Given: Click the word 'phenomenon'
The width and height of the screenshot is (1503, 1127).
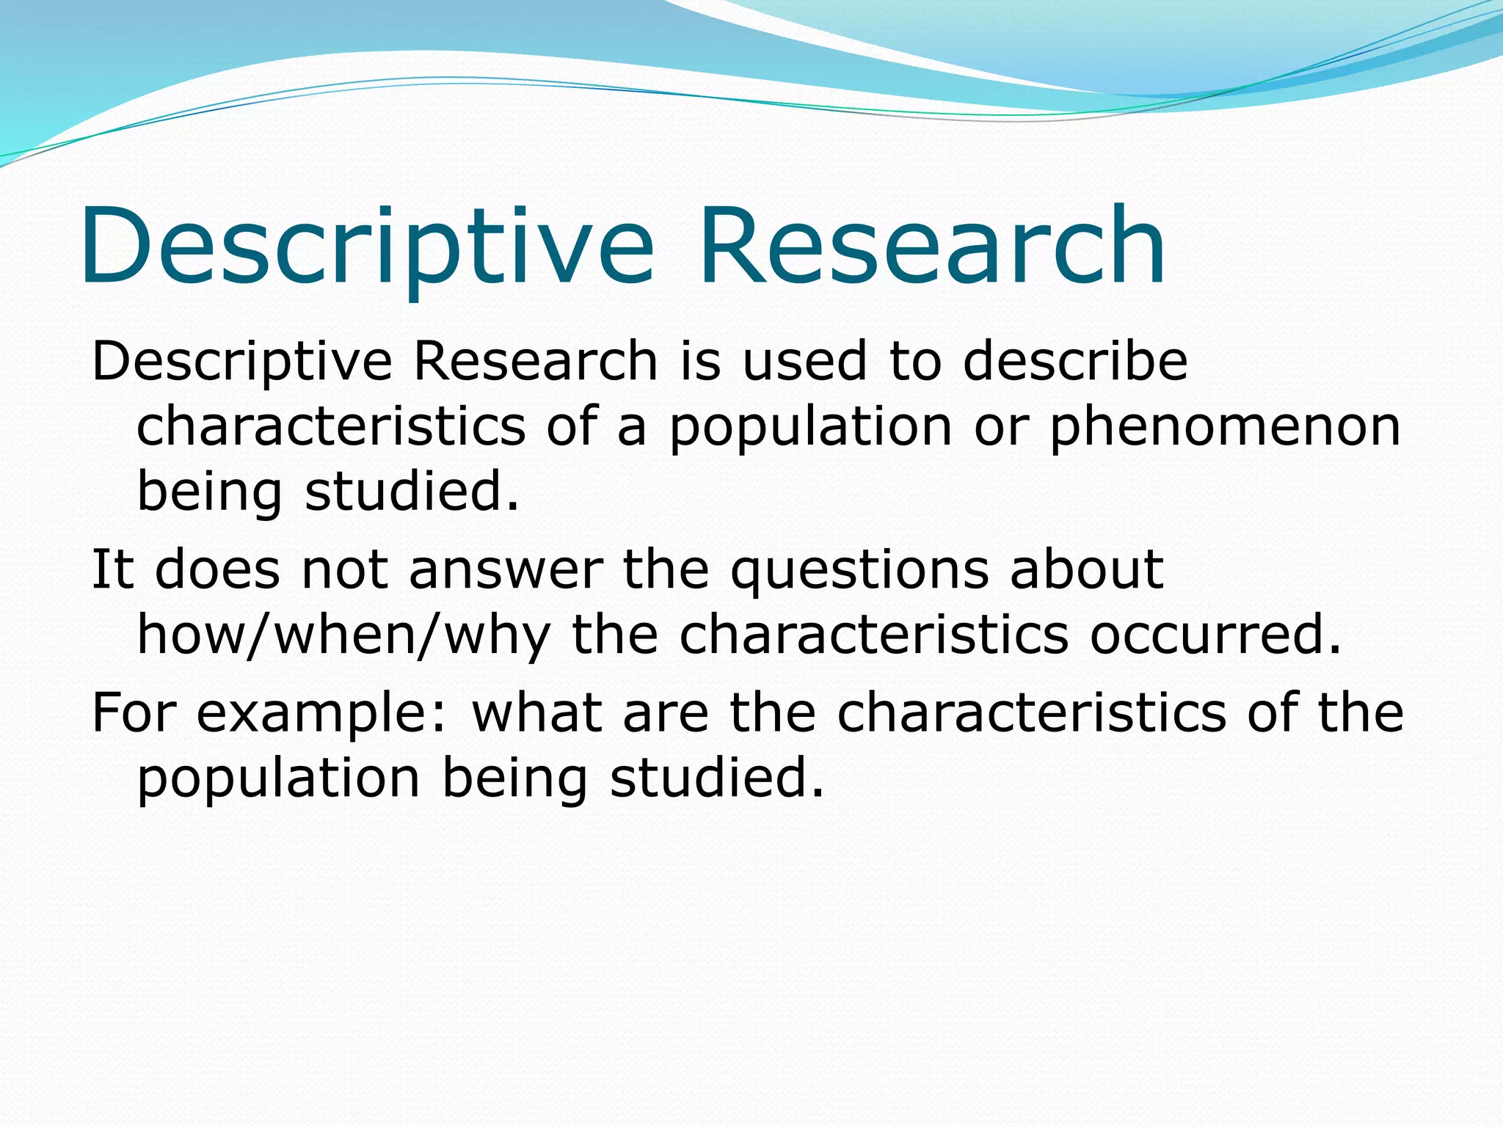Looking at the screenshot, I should coord(1225,427).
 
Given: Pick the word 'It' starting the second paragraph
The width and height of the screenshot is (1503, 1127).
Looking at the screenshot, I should coord(112,569).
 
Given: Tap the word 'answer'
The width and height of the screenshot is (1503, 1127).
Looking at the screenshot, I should coord(506,569).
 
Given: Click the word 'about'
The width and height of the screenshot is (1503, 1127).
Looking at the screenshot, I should coord(1086,569).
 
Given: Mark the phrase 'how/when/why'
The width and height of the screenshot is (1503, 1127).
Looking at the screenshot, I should coord(343,635).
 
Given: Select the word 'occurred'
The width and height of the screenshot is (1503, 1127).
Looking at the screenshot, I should coord(1215,635).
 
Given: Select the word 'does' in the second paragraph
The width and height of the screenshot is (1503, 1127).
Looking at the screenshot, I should coord(217,569).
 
